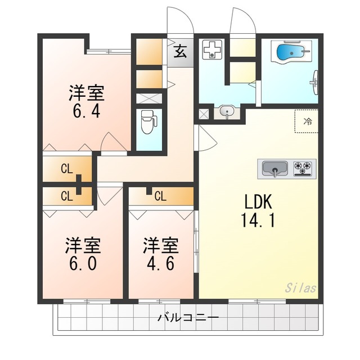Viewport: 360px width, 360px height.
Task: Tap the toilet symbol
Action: pos(148,121)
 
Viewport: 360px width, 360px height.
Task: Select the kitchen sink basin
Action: pos(274,168)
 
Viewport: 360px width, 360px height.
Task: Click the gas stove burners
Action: pos(304,168)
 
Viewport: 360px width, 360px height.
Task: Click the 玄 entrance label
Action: pos(179,52)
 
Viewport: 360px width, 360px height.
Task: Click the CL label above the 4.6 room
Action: pos(160,196)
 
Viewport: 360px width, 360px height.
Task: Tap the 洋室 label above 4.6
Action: pos(160,246)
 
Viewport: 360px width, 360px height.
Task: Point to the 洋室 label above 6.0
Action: pos(83,246)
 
